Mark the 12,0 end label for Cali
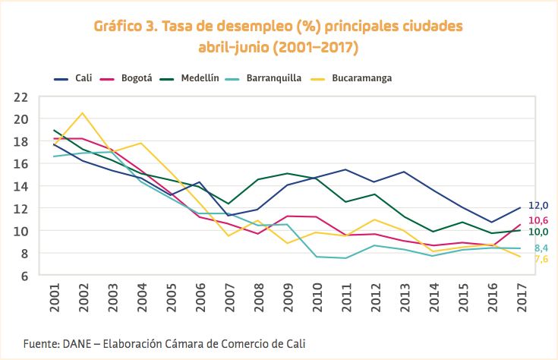pos(538,206)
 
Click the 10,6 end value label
pos(538,220)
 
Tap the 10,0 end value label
pos(538,232)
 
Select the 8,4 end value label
pos(541,248)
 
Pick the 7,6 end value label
pos(541,259)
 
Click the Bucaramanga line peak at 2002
pos(83,113)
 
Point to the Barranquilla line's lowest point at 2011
pos(345,258)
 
